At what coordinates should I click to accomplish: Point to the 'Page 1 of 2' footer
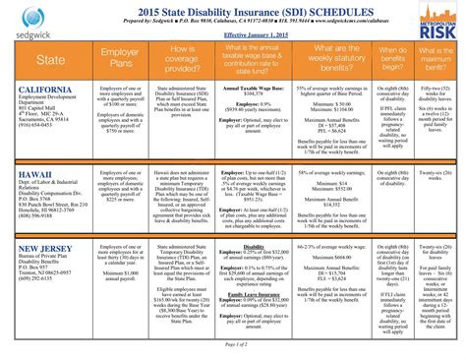[232, 344]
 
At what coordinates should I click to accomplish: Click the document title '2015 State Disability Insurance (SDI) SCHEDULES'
[232, 9]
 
